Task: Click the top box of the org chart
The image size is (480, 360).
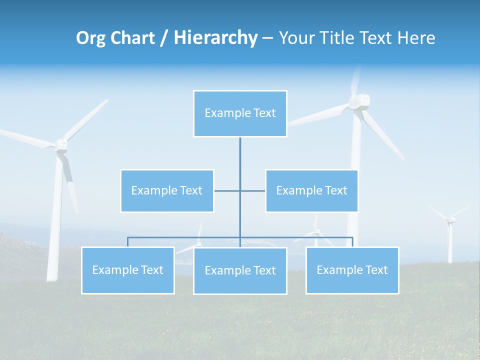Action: click(x=240, y=113)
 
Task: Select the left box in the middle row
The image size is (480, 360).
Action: click(x=167, y=190)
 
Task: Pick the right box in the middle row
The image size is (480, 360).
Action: click(x=311, y=190)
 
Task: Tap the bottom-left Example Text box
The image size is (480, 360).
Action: click(x=128, y=270)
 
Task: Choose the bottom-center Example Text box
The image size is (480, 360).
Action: click(x=240, y=270)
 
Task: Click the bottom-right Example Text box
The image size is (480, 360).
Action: click(x=352, y=270)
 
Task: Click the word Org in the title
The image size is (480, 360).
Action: click(x=90, y=38)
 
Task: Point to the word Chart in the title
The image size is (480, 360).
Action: click(x=132, y=38)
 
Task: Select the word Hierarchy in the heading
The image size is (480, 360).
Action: click(x=215, y=38)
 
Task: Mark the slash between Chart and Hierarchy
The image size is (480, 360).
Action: click(x=164, y=38)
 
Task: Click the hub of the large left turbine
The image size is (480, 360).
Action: click(x=61, y=145)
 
